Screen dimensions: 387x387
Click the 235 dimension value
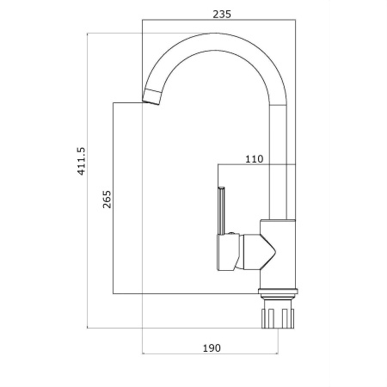pos(222,14)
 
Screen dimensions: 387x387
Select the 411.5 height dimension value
pos(82,161)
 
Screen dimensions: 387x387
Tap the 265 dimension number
pos(107,200)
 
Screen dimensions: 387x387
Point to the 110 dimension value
pos(254,159)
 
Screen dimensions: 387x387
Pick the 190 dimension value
pos(212,348)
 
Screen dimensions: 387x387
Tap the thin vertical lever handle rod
pos(221,211)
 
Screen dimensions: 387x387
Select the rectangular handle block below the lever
pos(228,252)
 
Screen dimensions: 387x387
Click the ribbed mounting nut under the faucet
pos(278,318)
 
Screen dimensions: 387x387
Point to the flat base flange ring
pos(278,292)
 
